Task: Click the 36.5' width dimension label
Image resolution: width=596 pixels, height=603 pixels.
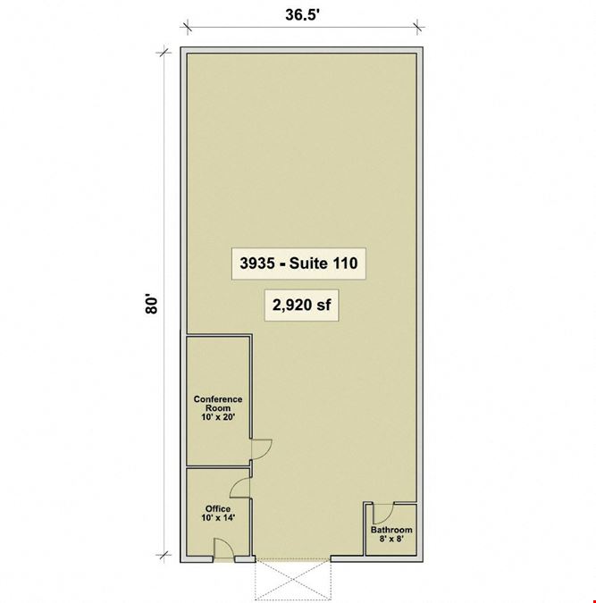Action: [303, 15]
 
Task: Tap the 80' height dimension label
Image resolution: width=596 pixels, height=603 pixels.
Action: [152, 305]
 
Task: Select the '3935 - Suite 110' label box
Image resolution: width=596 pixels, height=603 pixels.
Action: [298, 264]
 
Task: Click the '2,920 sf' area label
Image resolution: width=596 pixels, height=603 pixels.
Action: [302, 305]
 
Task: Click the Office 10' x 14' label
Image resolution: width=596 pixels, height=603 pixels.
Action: [218, 514]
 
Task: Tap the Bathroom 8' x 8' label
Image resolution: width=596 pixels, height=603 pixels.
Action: [391, 534]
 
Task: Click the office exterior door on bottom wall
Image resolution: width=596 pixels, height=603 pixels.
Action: [224, 548]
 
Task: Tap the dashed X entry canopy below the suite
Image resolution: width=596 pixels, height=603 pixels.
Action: [293, 580]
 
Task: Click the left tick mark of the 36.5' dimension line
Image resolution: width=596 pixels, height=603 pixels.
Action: [187, 28]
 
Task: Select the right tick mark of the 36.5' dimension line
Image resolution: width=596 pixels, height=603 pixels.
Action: [417, 28]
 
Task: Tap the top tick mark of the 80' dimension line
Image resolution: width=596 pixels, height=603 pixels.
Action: [164, 52]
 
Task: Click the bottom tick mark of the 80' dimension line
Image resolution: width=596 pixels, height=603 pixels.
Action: [164, 555]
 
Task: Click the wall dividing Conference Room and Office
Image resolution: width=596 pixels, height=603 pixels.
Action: [219, 467]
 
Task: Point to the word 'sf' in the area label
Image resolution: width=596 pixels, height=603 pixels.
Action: [323, 305]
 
